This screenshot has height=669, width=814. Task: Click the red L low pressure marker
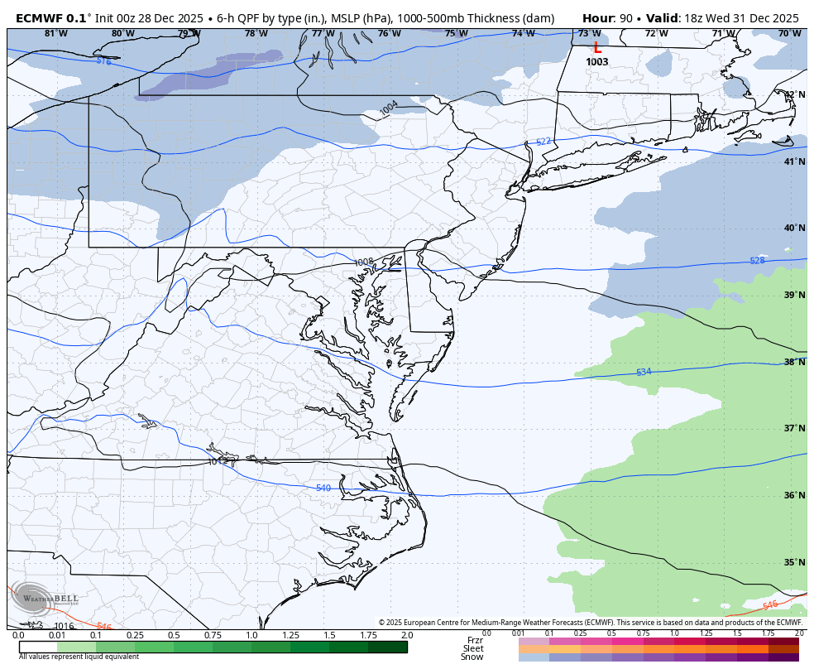(x=597, y=49)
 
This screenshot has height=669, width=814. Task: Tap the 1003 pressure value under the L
(x=597, y=62)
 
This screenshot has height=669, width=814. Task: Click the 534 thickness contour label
(x=644, y=372)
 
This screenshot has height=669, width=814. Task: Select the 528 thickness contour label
(x=757, y=261)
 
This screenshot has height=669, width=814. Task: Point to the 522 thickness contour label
(x=543, y=142)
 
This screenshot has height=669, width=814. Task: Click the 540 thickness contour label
(x=323, y=488)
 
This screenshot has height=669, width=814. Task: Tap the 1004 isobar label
(x=389, y=108)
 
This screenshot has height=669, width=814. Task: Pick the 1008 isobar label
(x=364, y=262)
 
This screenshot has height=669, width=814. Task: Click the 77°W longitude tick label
(x=323, y=34)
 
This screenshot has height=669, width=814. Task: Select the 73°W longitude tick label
(x=589, y=34)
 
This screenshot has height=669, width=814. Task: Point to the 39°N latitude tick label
(x=795, y=296)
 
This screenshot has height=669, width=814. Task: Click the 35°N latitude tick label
(x=795, y=563)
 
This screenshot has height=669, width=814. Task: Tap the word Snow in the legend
(x=472, y=657)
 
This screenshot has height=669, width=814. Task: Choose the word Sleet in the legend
(x=473, y=649)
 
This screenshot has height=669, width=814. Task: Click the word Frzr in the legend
(x=475, y=640)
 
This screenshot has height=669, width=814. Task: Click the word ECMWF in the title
(x=41, y=17)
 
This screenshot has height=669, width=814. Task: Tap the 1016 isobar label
(x=65, y=627)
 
